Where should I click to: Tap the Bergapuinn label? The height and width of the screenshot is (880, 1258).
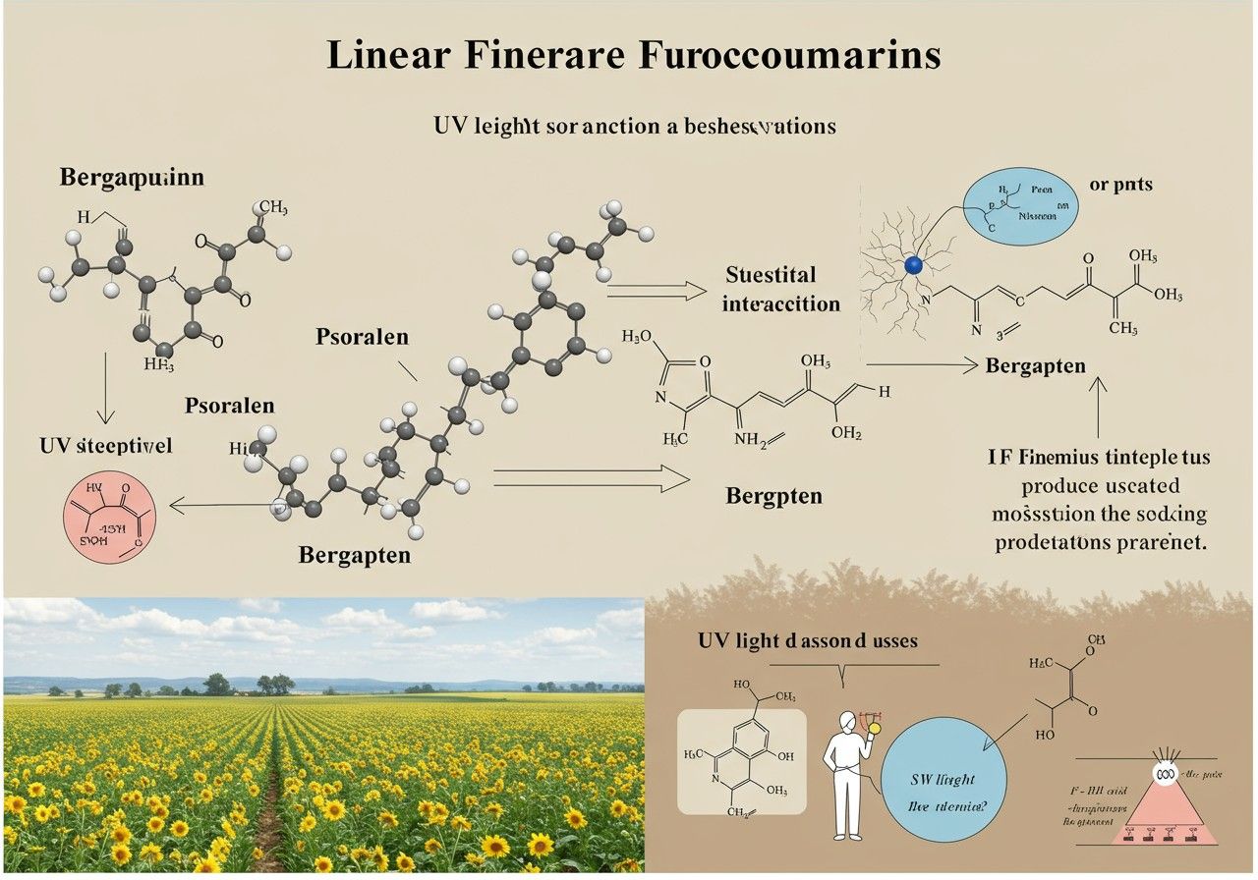pyautogui.click(x=133, y=179)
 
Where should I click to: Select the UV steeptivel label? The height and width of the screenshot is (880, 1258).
pyautogui.click(x=106, y=445)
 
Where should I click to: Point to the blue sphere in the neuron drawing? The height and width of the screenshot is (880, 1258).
pyautogui.click(x=913, y=265)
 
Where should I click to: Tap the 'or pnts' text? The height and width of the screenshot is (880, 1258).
pyautogui.click(x=1121, y=185)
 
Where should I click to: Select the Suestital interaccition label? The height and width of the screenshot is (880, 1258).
pyautogui.click(x=781, y=289)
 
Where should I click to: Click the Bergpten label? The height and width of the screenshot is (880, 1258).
pyautogui.click(x=774, y=495)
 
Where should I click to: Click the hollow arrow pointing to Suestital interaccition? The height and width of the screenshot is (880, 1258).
pyautogui.click(x=657, y=290)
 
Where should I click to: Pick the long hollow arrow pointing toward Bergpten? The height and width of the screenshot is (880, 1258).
pyautogui.click(x=590, y=479)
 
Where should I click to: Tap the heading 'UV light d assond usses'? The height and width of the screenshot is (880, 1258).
pyautogui.click(x=807, y=640)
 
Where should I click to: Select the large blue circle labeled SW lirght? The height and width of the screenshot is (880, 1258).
pyautogui.click(x=943, y=789)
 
